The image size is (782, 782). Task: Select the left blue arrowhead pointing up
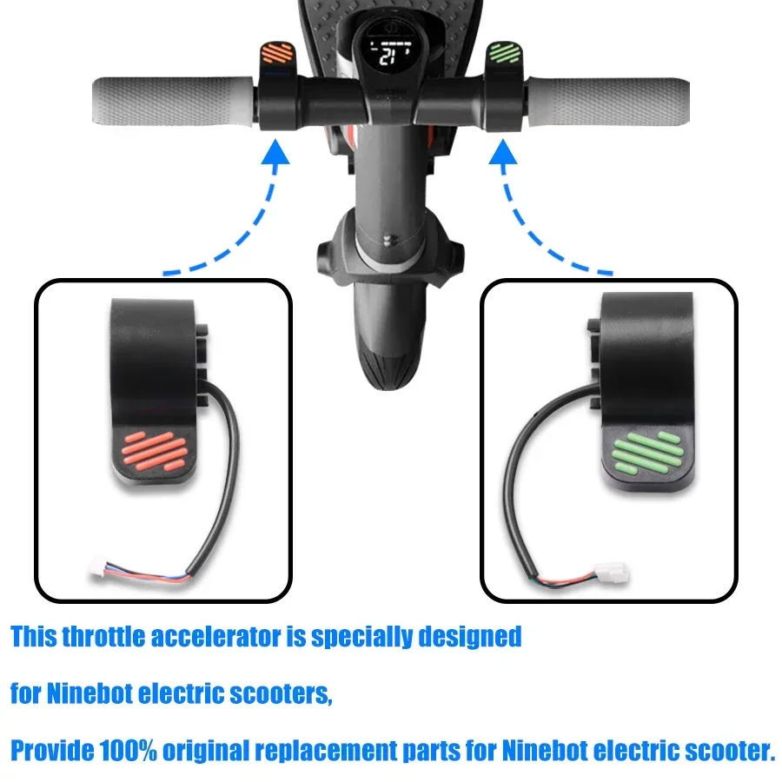tap(275, 156)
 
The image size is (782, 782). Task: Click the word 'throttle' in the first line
tap(105, 637)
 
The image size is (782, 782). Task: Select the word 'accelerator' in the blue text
tap(217, 637)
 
